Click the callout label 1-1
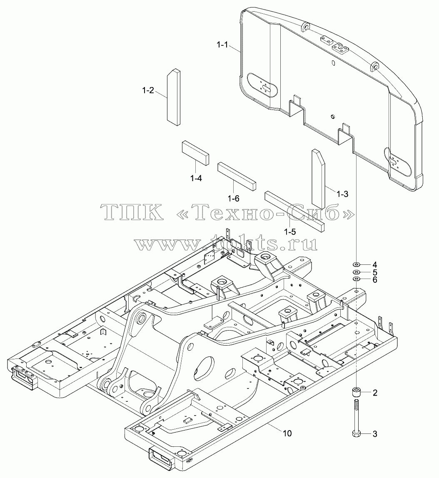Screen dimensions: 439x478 click(x=222, y=45)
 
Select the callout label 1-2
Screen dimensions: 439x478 click(x=148, y=90)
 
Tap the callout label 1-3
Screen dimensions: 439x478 click(x=342, y=194)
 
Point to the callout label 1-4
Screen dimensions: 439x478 click(x=196, y=178)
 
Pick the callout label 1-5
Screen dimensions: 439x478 click(x=289, y=232)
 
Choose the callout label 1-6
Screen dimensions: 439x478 click(x=234, y=199)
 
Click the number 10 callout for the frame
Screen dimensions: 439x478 click(x=287, y=433)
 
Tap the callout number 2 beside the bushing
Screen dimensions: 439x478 click(x=375, y=393)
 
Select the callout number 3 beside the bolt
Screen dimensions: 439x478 click(x=375, y=434)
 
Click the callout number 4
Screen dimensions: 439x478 click(x=375, y=264)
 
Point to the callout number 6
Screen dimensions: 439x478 click(x=375, y=279)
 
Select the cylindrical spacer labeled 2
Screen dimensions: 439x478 click(x=357, y=392)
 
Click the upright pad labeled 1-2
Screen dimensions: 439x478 click(x=173, y=97)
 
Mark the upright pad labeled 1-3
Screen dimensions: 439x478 click(x=318, y=178)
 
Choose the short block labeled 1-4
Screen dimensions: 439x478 click(x=196, y=153)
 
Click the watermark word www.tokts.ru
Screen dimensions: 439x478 click(x=226, y=243)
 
